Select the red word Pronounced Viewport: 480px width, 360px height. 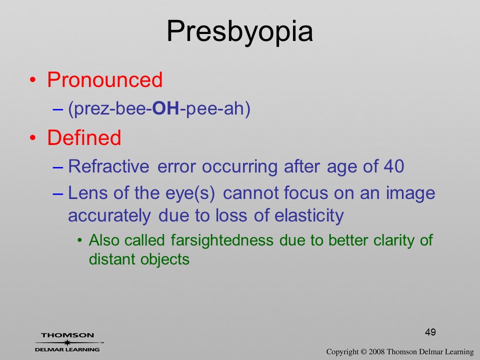tap(104, 79)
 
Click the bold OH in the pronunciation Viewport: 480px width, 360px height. tap(165, 108)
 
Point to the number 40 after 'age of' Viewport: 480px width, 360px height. tap(394, 166)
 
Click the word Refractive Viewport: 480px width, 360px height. tap(108, 166)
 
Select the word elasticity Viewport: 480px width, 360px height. tap(309, 215)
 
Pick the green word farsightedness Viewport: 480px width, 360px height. tap(222, 240)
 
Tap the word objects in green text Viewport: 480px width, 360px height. tap(164, 259)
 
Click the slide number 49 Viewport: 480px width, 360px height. tap(430, 332)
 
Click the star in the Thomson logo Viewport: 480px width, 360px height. tap(67, 342)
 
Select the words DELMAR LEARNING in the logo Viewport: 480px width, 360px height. tap(67, 349)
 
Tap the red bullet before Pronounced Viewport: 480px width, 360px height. tap(33, 80)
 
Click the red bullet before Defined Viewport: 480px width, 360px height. tap(33, 138)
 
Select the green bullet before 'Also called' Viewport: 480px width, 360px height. tap(80, 240)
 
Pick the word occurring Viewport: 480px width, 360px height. tap(239, 167)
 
